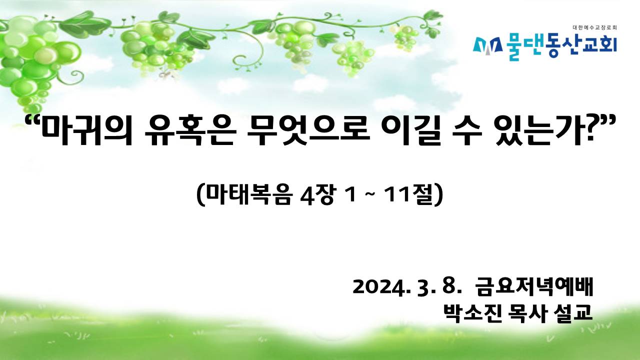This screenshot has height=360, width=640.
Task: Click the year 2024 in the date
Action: [x=379, y=287]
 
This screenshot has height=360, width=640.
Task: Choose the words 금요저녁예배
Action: [x=534, y=286]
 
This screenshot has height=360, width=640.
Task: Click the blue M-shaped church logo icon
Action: [x=487, y=46]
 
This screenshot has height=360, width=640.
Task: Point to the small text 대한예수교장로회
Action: [x=595, y=27]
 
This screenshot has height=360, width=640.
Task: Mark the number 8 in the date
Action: [x=448, y=286]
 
